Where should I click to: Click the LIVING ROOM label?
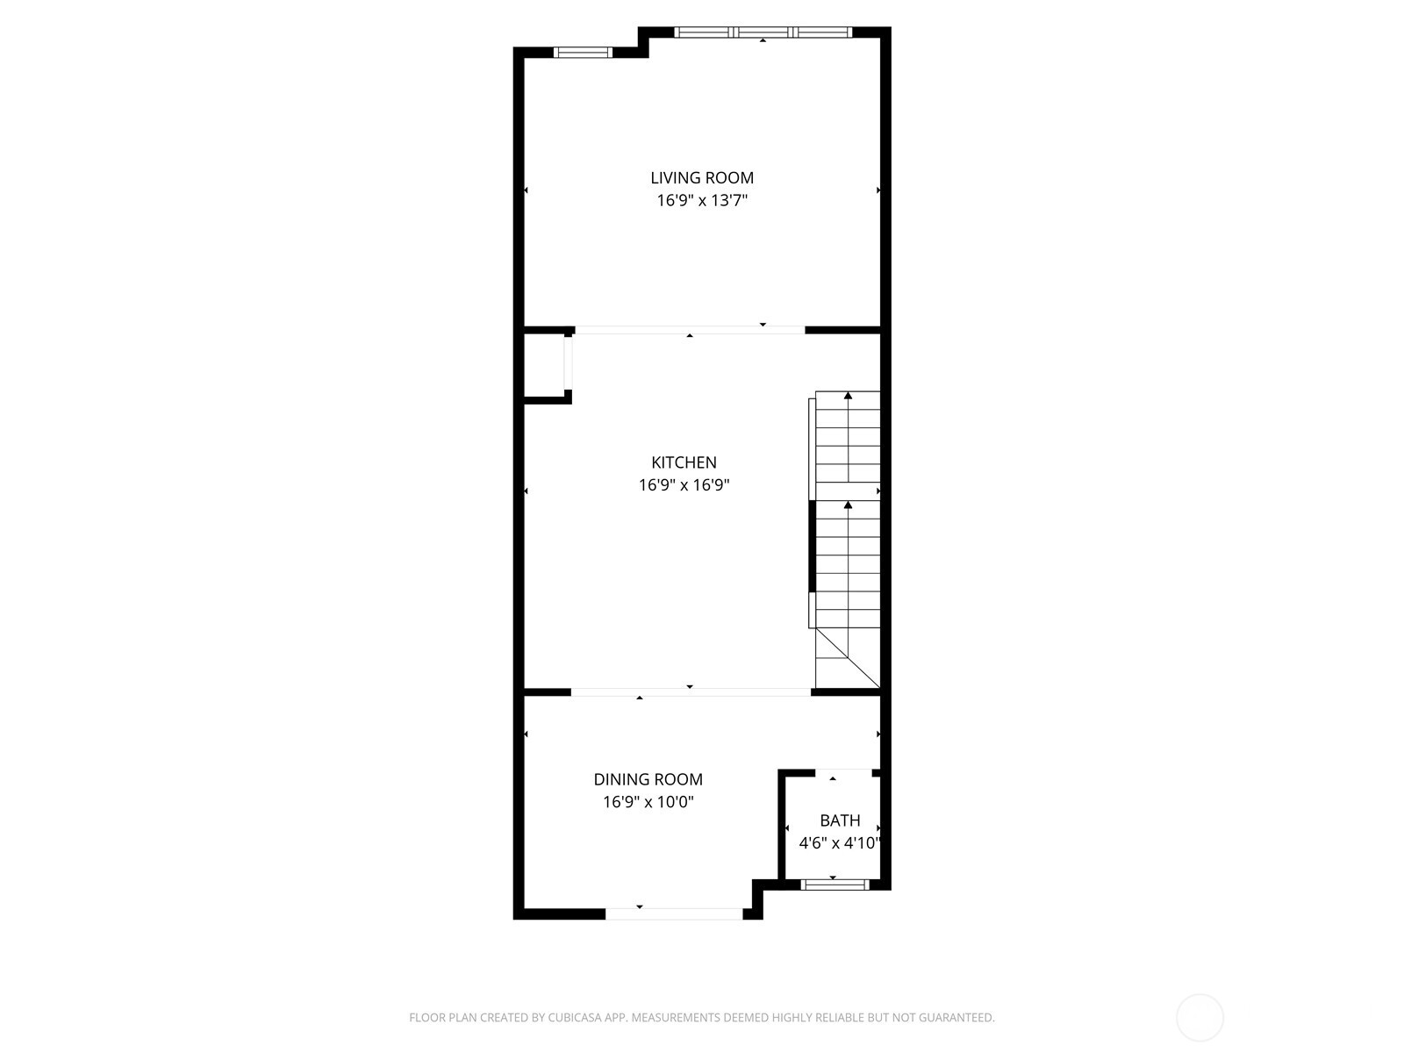pyautogui.click(x=701, y=178)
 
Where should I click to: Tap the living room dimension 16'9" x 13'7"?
pyautogui.click(x=701, y=201)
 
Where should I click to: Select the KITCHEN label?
pyautogui.click(x=684, y=462)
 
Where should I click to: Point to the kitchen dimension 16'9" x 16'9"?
pyautogui.click(x=684, y=485)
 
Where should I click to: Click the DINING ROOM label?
pyautogui.click(x=648, y=779)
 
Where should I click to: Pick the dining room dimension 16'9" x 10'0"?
pyautogui.click(x=648, y=802)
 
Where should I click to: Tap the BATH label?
pyautogui.click(x=840, y=820)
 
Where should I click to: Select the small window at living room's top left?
pyautogui.click(x=583, y=53)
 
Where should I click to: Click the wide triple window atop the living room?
pyautogui.click(x=763, y=32)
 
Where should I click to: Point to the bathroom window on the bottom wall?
pyautogui.click(x=834, y=885)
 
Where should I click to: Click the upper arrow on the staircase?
pyautogui.click(x=848, y=397)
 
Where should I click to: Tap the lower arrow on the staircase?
pyautogui.click(x=848, y=505)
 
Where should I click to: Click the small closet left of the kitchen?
pyautogui.click(x=544, y=366)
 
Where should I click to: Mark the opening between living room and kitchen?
pyautogui.click(x=690, y=331)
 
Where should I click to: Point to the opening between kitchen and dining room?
pyautogui.click(x=691, y=692)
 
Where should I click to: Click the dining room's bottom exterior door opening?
pyautogui.click(x=674, y=913)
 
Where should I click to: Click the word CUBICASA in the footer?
pyautogui.click(x=575, y=1018)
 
